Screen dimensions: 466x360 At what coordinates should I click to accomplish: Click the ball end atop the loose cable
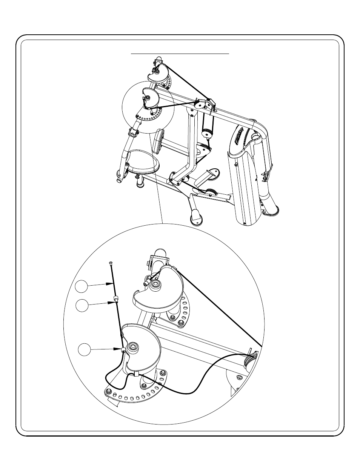(110, 262)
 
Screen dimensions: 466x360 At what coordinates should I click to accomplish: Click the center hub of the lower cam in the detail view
(133, 347)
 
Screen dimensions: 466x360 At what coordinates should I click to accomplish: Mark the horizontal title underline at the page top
(180, 54)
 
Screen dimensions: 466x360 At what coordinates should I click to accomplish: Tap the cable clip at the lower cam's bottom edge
(135, 374)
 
